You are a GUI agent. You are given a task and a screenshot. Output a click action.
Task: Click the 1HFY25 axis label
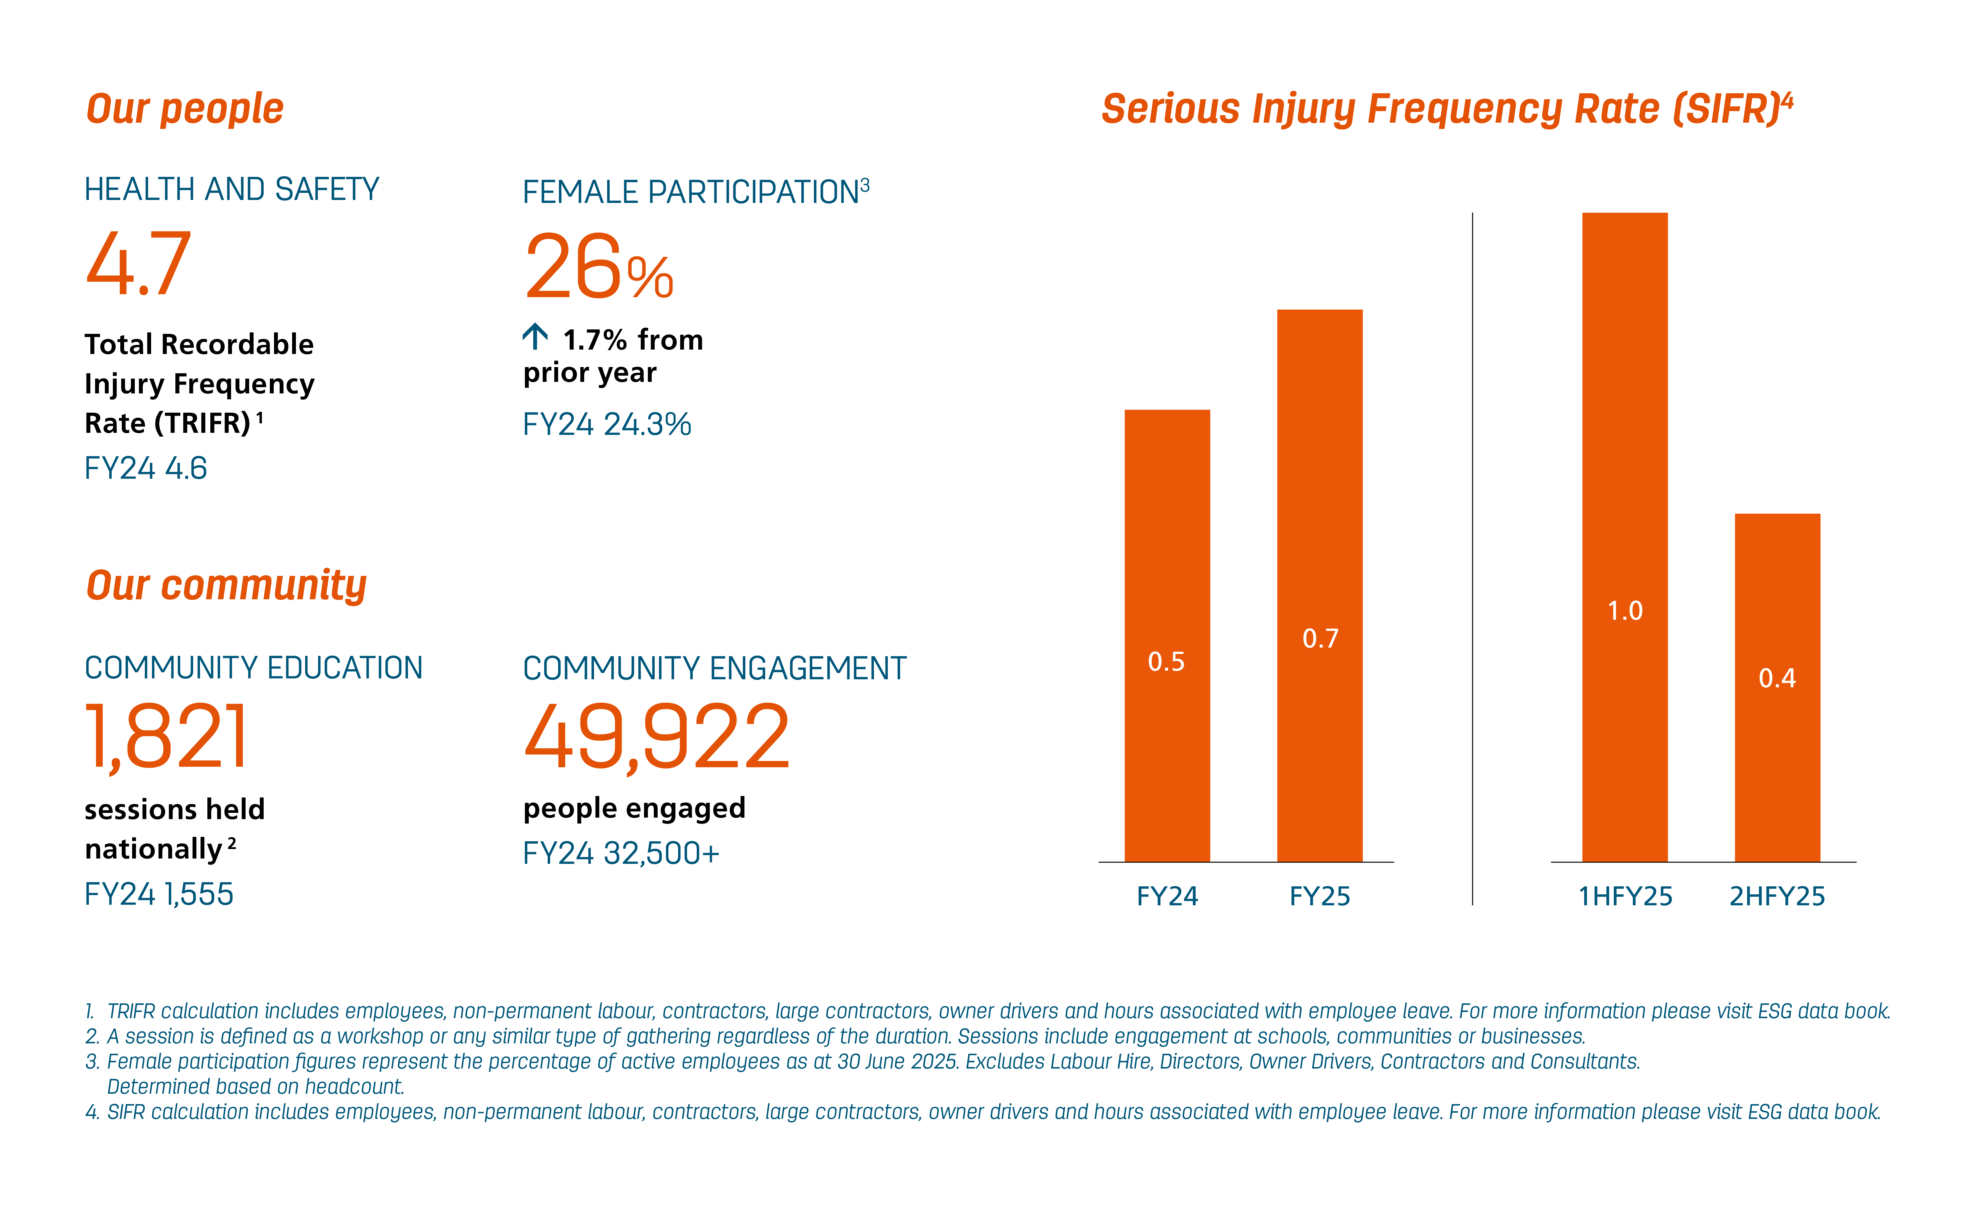click(1625, 896)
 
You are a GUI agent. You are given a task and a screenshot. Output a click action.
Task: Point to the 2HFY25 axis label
click(1777, 896)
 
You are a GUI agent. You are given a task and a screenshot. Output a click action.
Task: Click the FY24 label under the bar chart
click(1167, 896)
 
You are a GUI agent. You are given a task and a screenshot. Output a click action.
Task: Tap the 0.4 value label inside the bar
click(1777, 678)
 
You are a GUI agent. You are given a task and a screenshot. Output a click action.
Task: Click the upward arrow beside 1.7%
click(535, 336)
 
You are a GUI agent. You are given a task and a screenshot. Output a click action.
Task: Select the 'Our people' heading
click(185, 109)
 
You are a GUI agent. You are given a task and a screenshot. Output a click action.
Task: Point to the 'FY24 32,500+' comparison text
click(621, 853)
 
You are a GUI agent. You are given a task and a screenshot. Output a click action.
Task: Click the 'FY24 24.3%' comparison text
click(607, 424)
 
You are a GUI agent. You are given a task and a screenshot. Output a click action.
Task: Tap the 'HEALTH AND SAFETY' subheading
click(232, 190)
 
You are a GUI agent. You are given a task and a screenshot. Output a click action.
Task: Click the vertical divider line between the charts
click(1472, 558)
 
